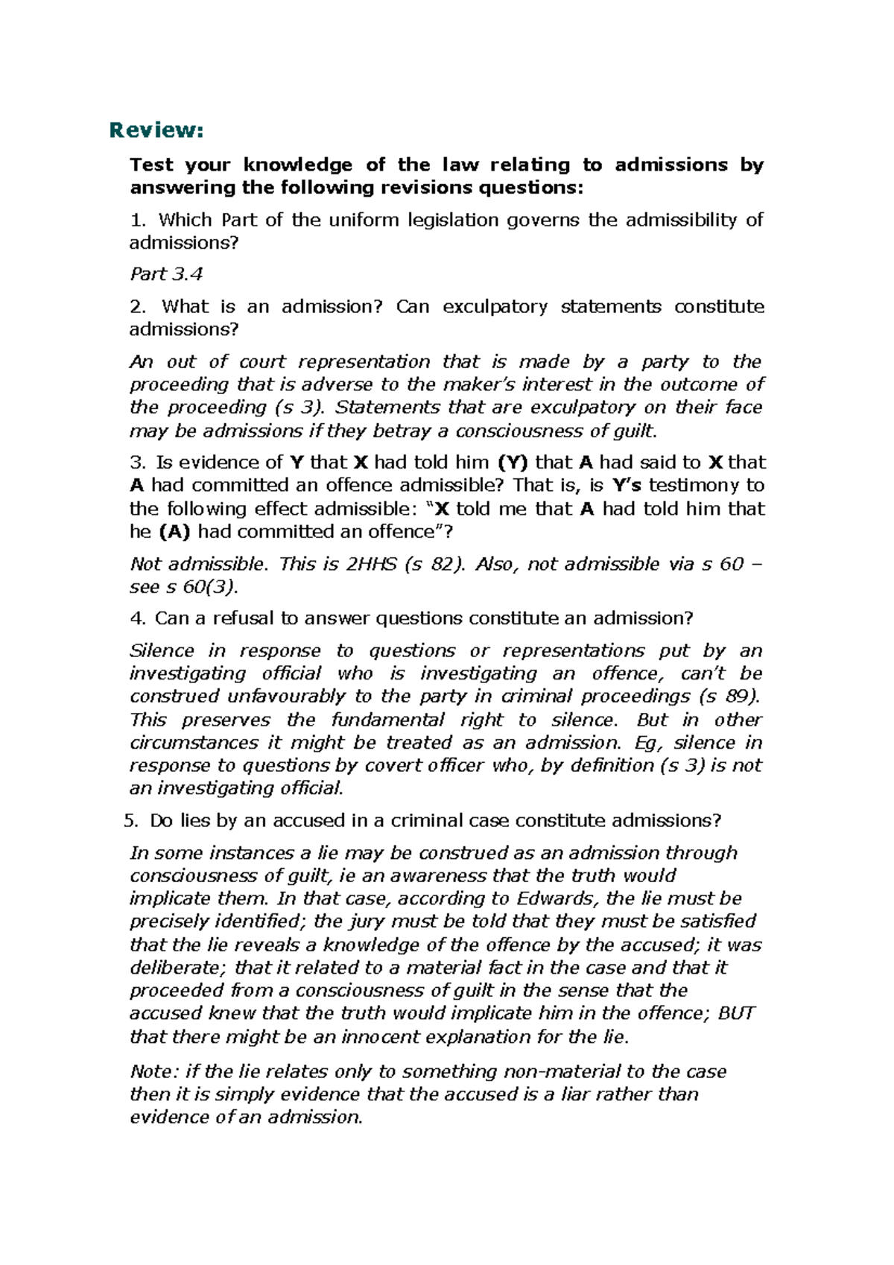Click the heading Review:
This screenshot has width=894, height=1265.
pyautogui.click(x=156, y=130)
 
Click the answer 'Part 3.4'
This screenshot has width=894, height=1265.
pyautogui.click(x=166, y=274)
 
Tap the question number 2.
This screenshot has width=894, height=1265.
pyautogui.click(x=136, y=306)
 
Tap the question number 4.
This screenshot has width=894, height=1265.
pyautogui.click(x=136, y=618)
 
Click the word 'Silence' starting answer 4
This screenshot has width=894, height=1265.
pyautogui.click(x=162, y=650)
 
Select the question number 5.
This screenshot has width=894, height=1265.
pyautogui.click(x=131, y=821)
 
